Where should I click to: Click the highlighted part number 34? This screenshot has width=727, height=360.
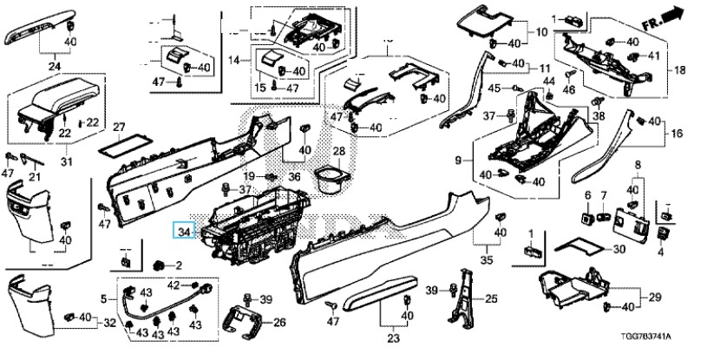183,232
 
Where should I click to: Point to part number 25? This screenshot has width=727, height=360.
492,299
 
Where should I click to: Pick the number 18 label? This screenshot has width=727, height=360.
679,69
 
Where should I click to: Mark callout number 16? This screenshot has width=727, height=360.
678,134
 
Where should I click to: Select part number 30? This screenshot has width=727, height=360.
619,249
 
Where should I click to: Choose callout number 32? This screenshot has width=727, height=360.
110,323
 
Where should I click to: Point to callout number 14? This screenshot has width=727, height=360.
233,60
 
